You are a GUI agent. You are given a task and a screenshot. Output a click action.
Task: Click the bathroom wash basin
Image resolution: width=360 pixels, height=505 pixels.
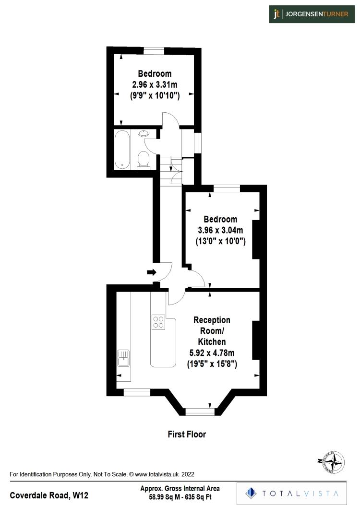click(x=144, y=133)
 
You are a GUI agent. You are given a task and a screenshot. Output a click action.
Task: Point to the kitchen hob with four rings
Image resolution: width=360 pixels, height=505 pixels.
click(x=158, y=322)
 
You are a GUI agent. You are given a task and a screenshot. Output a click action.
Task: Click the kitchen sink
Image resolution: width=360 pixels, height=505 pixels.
click(x=123, y=358)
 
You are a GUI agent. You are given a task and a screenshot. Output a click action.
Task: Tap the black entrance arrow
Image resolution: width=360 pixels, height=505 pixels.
click(x=151, y=272)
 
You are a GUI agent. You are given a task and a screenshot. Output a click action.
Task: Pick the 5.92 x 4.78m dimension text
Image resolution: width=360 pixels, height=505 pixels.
click(x=212, y=353)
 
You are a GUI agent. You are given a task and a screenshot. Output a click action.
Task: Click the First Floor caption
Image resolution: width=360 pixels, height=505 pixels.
click(x=187, y=435)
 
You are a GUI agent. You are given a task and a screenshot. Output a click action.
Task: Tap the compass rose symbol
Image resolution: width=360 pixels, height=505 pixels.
click(x=332, y=462)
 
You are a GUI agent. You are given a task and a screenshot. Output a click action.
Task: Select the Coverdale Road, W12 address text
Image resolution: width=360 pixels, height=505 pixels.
click(x=49, y=495)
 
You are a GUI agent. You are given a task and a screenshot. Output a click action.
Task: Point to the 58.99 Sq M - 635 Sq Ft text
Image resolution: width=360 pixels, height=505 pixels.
click(x=180, y=497)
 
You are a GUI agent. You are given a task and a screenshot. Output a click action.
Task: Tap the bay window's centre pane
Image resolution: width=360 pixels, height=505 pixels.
click(x=200, y=411)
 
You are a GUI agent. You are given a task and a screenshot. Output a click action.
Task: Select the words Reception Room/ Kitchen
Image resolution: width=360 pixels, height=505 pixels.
click(x=212, y=330)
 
